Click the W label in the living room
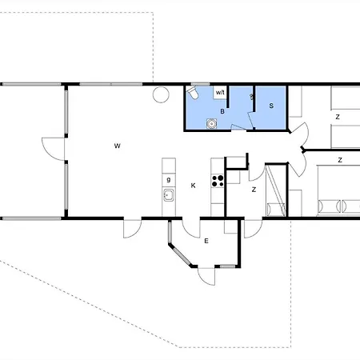coord(117,146)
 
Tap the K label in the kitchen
coord(193,186)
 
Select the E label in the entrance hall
coord(206,241)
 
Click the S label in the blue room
coord(271,105)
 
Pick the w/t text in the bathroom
coord(220,93)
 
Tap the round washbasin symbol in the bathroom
coord(212,122)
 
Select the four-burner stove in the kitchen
coord(217,179)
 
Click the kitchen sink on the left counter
coord(169,194)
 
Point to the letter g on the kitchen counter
coord(169,180)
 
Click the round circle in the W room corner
coord(161,95)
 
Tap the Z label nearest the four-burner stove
coord(254,190)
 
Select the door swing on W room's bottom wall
coord(130,227)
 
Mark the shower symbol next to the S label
coord(252,98)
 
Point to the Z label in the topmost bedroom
coord(337,117)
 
